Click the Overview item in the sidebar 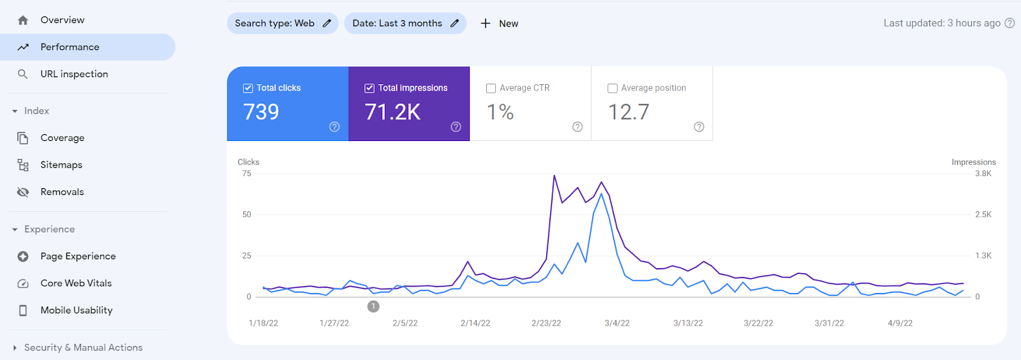pyautogui.click(x=62, y=20)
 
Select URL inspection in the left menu pyautogui.click(x=74, y=74)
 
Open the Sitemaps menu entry pyautogui.click(x=61, y=165)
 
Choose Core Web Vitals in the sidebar pyautogui.click(x=76, y=283)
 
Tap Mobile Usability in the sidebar pyautogui.click(x=76, y=310)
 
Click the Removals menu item pyautogui.click(x=62, y=192)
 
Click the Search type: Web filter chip pyautogui.click(x=282, y=24)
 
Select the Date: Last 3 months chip pyautogui.click(x=405, y=24)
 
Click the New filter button pyautogui.click(x=499, y=24)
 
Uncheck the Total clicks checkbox pyautogui.click(x=248, y=88)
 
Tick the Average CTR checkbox pyautogui.click(x=491, y=88)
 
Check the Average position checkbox pyautogui.click(x=613, y=88)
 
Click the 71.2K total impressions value pyautogui.click(x=392, y=112)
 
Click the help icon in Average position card pyautogui.click(x=699, y=127)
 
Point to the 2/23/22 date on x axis pyautogui.click(x=546, y=324)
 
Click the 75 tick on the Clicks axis pyautogui.click(x=247, y=174)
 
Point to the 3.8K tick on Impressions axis pyautogui.click(x=983, y=174)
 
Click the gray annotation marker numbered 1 pyautogui.click(x=373, y=306)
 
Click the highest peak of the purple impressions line pyautogui.click(x=554, y=176)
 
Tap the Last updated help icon pyautogui.click(x=1010, y=23)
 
